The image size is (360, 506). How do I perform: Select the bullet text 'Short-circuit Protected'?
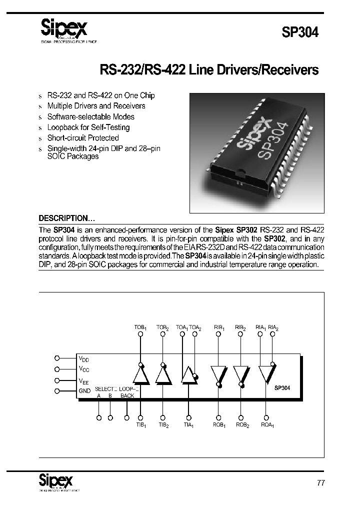(83, 137)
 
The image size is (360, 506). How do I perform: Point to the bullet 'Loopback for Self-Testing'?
(88, 127)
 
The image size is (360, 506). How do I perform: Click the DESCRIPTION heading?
(66, 218)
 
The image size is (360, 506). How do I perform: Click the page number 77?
(321, 483)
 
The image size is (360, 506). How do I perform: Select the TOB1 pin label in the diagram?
(140, 327)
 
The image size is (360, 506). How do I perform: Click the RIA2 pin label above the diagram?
(273, 327)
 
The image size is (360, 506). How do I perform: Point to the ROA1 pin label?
(267, 425)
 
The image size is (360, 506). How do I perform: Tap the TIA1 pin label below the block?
(188, 425)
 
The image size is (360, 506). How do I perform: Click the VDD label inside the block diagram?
(83, 358)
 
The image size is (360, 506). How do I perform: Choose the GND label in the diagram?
(84, 391)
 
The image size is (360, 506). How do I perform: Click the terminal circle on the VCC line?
(57, 369)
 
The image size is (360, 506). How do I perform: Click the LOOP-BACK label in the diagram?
(128, 391)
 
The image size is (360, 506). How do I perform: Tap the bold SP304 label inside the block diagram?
(282, 387)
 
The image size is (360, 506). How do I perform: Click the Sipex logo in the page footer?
(56, 481)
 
